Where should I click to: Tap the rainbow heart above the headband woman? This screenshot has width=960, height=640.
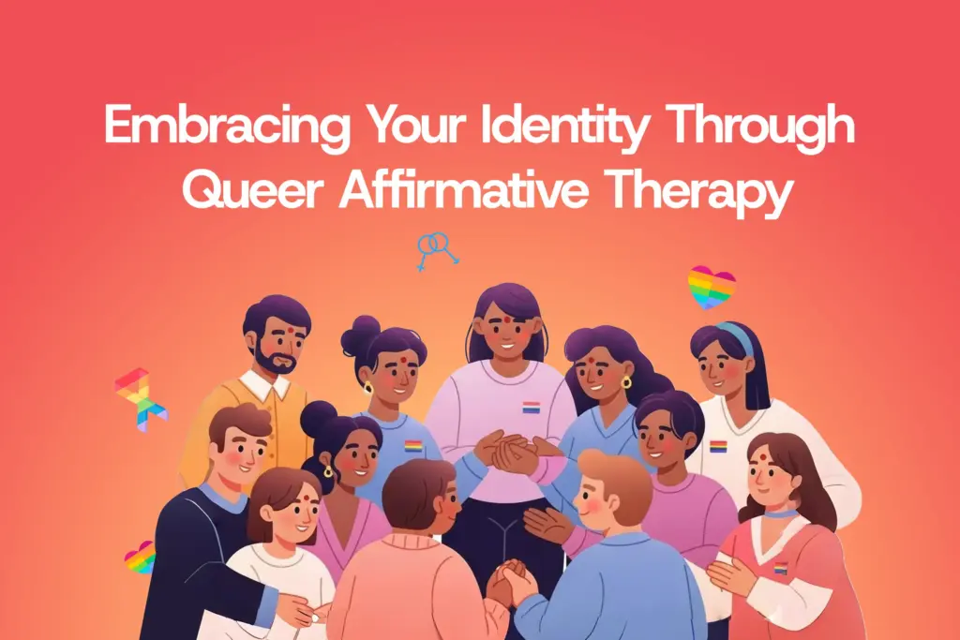(x=712, y=287)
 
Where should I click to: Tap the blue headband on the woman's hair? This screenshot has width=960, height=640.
(x=738, y=336)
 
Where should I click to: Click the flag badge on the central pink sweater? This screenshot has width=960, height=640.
(x=532, y=408)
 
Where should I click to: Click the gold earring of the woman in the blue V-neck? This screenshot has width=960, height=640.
(x=626, y=381)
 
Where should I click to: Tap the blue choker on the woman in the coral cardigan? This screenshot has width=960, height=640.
(x=780, y=513)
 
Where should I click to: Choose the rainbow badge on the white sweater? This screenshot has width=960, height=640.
(x=718, y=446)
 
